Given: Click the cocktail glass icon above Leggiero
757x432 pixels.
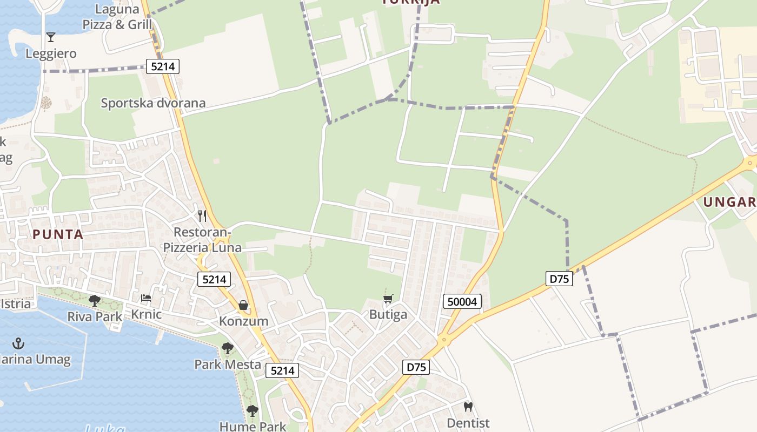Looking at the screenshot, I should click(x=51, y=37).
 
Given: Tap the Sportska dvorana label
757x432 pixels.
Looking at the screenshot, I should click(x=153, y=103).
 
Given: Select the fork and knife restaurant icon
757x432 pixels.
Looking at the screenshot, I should click(x=202, y=216).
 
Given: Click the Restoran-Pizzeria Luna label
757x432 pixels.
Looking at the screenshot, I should click(x=202, y=240).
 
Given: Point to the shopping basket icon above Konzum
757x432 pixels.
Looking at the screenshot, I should click(x=244, y=306).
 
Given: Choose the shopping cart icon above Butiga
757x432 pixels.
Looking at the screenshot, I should click(x=388, y=299).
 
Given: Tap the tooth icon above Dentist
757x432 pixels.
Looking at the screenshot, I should click(x=468, y=407).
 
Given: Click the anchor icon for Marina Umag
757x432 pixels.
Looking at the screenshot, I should click(x=19, y=343).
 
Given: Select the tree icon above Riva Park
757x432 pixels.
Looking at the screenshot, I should click(x=95, y=300).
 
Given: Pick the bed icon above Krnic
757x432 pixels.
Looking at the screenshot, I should click(x=146, y=298).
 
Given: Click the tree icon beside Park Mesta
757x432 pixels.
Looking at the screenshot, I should click(x=228, y=348).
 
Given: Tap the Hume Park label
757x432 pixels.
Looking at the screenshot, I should click(x=253, y=426).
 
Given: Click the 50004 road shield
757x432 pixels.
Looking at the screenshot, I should click(x=462, y=301).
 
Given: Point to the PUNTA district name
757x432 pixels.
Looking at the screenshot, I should click(x=58, y=234).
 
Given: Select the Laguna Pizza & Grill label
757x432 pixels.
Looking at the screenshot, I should click(x=117, y=17).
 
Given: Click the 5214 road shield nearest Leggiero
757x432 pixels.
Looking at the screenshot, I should click(x=162, y=67).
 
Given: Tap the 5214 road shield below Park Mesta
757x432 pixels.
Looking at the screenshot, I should click(x=282, y=370).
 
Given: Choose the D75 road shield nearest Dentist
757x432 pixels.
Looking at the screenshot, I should click(x=416, y=367).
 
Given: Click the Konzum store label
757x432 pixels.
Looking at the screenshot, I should click(x=243, y=321).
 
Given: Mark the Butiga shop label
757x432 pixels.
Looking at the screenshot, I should click(x=388, y=315).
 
